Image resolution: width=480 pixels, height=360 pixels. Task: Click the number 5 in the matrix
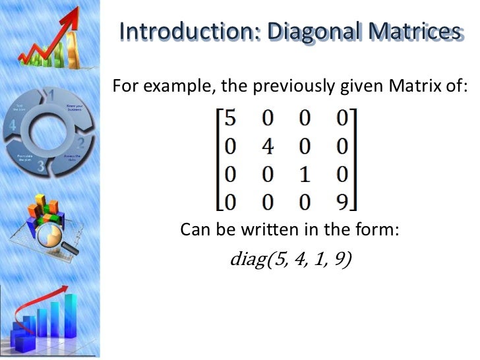coord(229,119)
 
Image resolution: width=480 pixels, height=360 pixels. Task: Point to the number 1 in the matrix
coord(304,174)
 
